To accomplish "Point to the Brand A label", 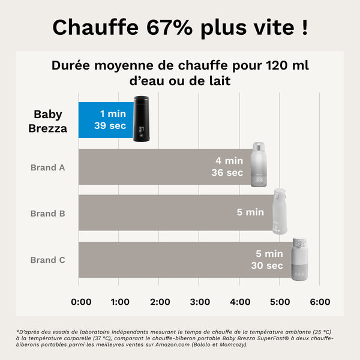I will click(47, 167).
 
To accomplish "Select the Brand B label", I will click(47, 213).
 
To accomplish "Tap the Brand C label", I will click(47, 260).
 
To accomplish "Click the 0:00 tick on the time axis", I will click(82, 301).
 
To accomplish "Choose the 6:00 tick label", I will click(320, 301).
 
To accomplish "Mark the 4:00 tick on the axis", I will click(241, 301).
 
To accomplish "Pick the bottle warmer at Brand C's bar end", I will click(299, 259).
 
